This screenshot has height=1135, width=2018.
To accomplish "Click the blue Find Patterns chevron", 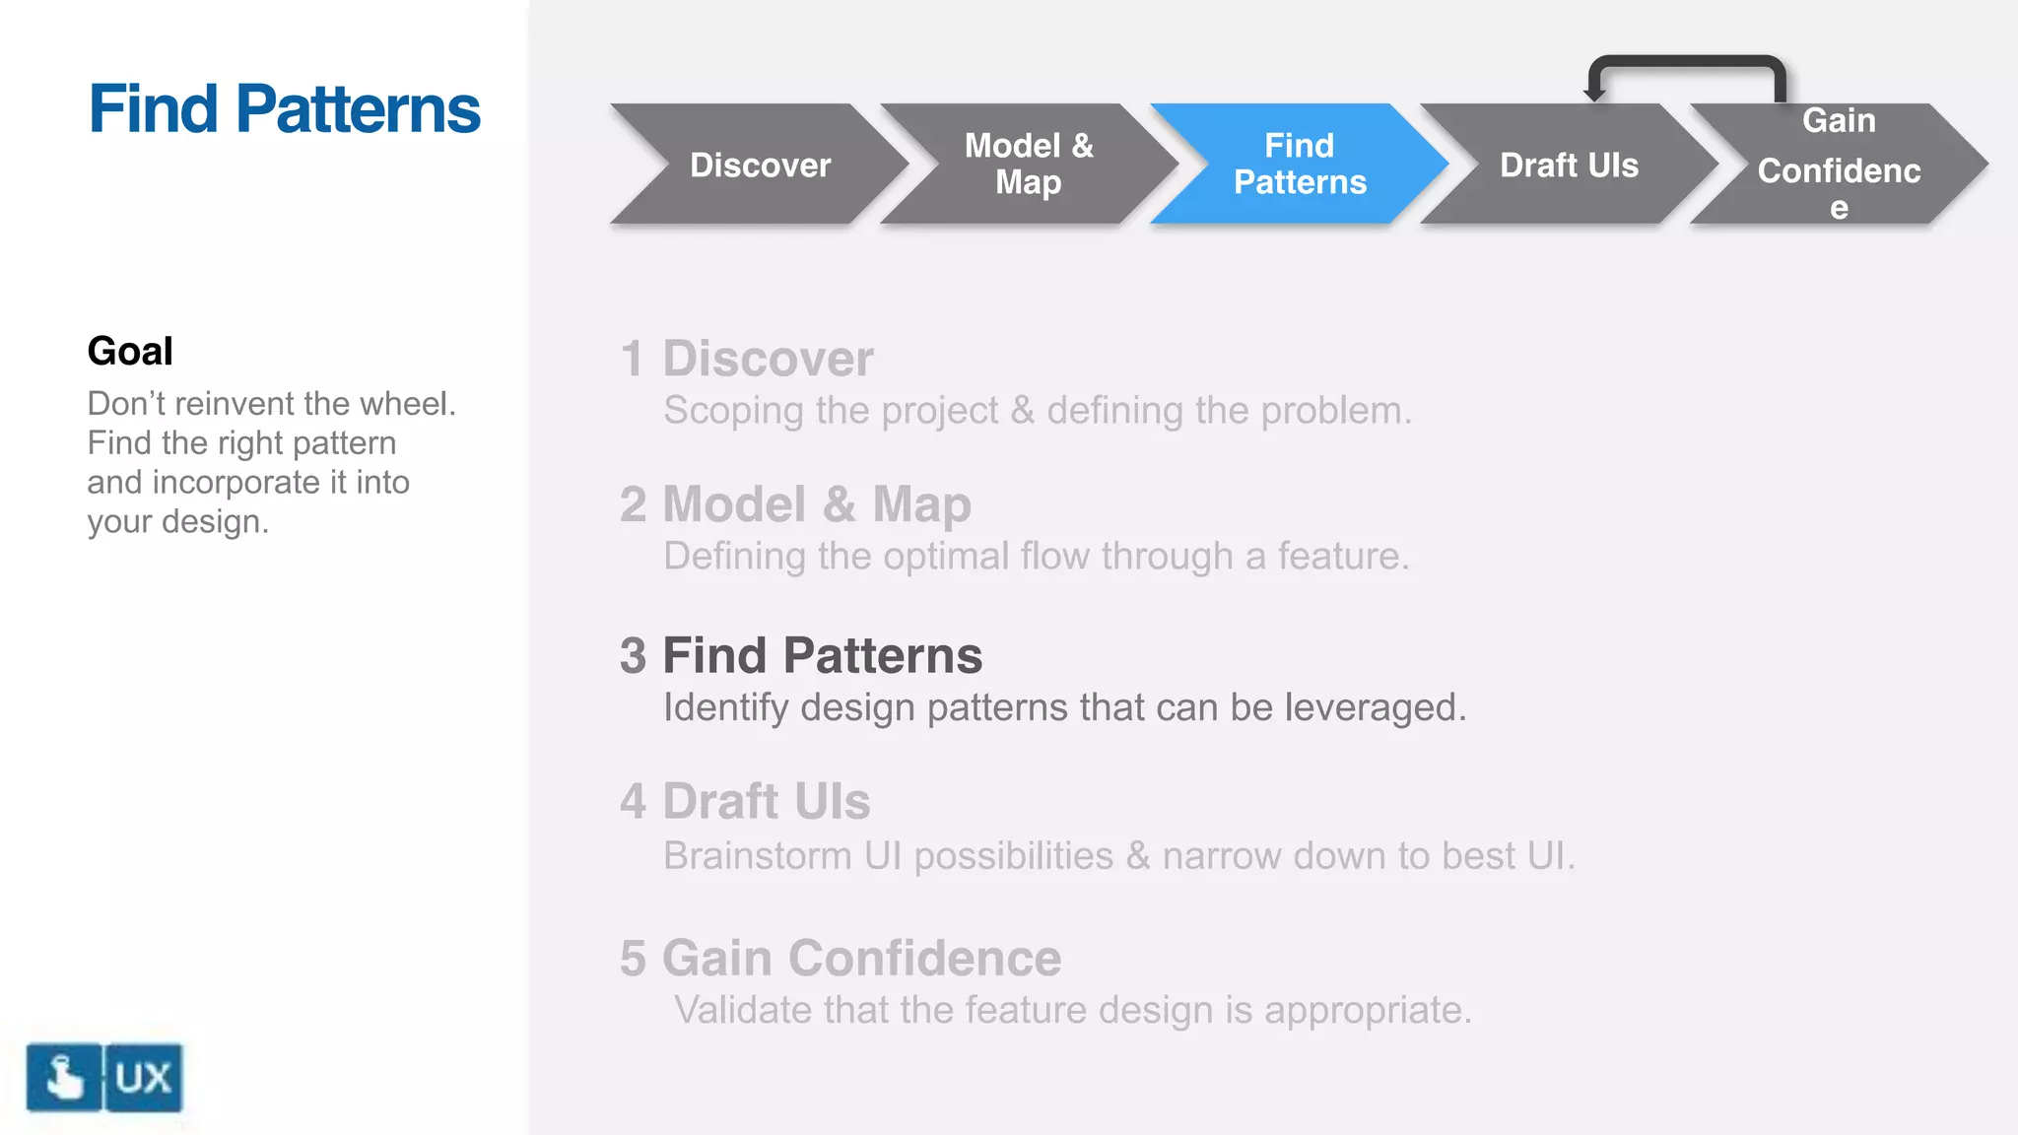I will point(1299,164).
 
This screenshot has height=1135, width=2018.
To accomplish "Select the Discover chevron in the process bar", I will point(760,165).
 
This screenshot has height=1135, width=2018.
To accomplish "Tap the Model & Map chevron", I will point(1029,164).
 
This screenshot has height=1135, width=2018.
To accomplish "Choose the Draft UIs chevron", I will point(1569,165).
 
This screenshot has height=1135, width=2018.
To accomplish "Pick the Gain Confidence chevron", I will point(1839,165).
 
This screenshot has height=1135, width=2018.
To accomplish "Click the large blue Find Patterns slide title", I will point(284,108).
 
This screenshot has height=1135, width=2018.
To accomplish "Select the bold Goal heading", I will point(130,351).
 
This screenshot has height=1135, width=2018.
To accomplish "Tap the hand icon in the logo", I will point(64,1077).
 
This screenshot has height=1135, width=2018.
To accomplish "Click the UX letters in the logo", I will point(144,1077).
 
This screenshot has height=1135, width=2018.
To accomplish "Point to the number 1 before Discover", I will point(633,359).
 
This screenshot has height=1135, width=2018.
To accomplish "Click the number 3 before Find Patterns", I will point(633,656).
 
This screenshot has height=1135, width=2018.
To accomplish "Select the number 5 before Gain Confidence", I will point(633,959).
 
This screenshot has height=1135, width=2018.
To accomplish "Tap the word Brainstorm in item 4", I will point(757,855).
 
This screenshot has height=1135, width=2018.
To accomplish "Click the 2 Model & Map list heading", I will point(795,504).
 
